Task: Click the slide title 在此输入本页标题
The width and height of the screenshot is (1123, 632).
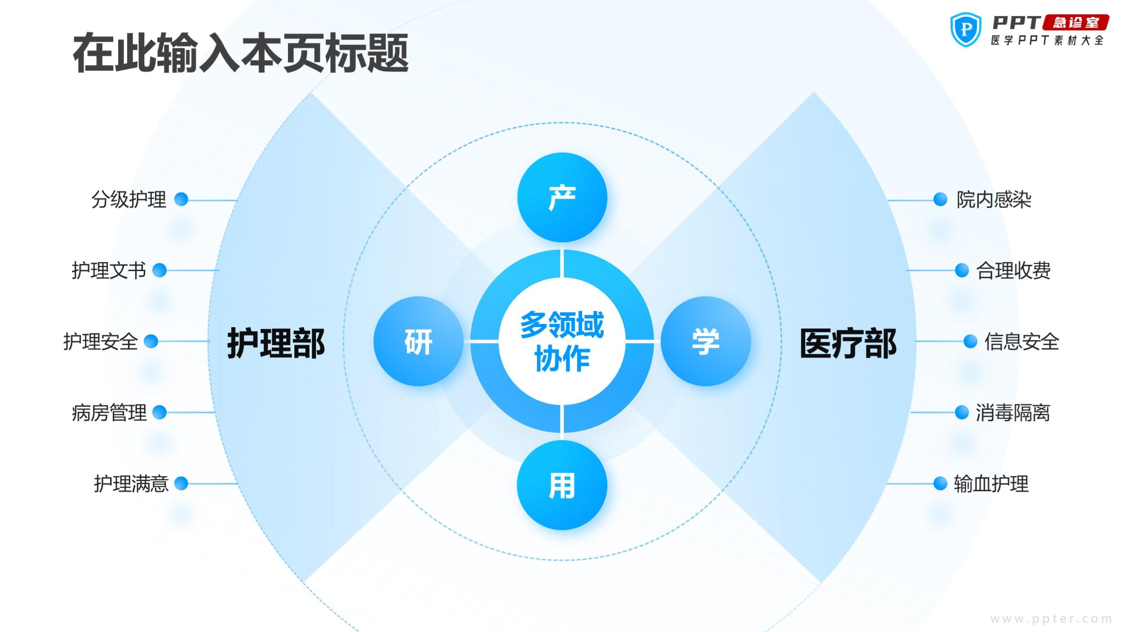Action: [241, 53]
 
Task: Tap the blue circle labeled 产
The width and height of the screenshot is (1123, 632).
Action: [562, 197]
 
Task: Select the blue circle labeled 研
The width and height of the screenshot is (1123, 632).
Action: [418, 341]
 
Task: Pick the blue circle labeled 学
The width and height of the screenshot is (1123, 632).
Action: [706, 341]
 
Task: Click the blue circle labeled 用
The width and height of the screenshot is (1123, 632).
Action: [562, 485]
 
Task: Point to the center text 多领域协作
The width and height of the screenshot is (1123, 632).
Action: [562, 341]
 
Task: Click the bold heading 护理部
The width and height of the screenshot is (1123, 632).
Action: [276, 343]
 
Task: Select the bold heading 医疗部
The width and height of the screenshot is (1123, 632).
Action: [848, 343]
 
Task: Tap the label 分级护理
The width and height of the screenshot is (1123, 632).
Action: [129, 199]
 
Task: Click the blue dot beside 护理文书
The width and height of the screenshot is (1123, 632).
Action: [159, 270]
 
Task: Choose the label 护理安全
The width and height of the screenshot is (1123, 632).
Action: [101, 341]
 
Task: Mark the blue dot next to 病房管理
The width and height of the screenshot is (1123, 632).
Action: [159, 412]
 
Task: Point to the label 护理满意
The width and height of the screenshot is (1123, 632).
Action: [131, 484]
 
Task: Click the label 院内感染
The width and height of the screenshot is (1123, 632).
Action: [994, 199]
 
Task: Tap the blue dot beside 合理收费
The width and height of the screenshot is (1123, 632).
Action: [961, 270]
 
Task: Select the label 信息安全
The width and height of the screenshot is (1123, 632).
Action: [1022, 341]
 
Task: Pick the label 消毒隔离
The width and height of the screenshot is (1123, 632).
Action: [1013, 412]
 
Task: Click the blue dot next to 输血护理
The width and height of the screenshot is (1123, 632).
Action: [940, 483]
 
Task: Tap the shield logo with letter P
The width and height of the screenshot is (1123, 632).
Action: [965, 29]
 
